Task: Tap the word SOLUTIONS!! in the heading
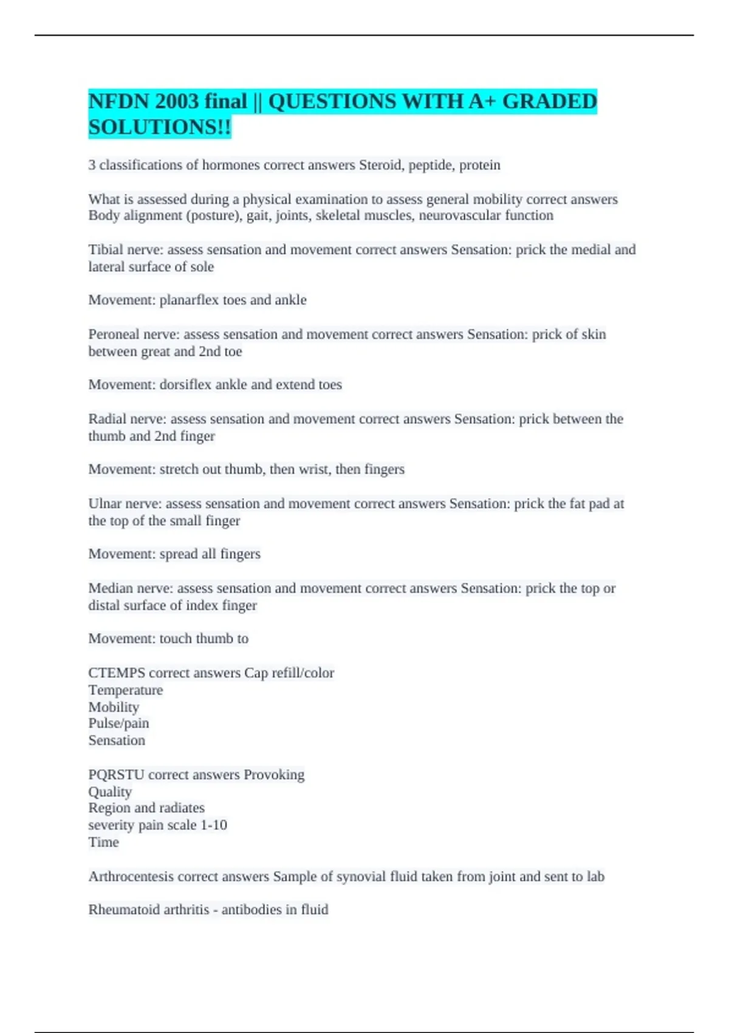160,128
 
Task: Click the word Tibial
106,250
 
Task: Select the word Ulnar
104,503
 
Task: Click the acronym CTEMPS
117,673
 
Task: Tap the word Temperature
126,690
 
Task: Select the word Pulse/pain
118,723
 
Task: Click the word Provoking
274,775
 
